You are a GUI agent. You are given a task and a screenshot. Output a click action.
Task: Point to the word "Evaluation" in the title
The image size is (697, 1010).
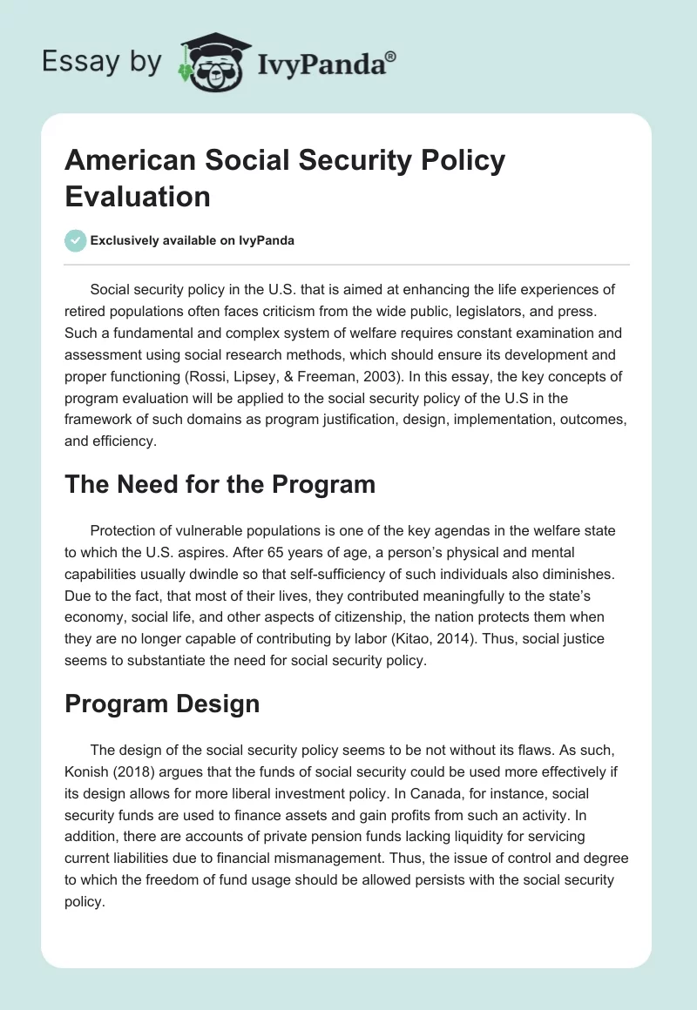point(138,196)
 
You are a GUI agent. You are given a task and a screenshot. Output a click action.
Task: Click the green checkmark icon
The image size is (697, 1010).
point(76,240)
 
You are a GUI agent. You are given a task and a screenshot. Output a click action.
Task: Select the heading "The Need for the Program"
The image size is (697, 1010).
point(220,483)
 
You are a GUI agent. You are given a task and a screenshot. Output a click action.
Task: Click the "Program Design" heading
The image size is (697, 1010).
point(162,703)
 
